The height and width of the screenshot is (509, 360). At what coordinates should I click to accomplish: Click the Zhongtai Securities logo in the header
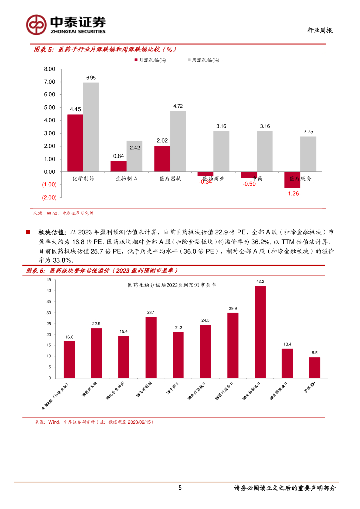[x=66, y=24]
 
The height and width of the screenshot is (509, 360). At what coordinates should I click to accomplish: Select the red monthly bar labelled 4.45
[x=75, y=143]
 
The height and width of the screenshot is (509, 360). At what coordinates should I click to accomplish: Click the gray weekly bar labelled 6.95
[x=91, y=127]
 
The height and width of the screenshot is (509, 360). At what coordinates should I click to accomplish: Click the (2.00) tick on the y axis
[x=49, y=198]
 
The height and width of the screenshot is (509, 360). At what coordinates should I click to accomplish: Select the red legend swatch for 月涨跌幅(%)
[x=135, y=60]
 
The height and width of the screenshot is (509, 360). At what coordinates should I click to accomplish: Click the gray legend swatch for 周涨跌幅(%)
[x=188, y=60]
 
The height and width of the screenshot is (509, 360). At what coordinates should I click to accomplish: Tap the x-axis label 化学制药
[x=83, y=178]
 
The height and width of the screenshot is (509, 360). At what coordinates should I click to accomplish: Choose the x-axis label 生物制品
[x=126, y=178]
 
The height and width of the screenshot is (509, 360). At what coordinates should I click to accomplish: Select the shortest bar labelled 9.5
[x=315, y=367]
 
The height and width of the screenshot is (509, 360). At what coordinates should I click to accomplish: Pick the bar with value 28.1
[x=151, y=347]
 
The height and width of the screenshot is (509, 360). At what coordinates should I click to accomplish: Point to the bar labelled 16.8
[x=69, y=359]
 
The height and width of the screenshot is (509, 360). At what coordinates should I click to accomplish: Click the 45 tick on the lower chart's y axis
[x=49, y=280]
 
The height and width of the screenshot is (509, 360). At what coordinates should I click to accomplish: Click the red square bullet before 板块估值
[x=28, y=231]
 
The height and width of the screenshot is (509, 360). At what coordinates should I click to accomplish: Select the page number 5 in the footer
[x=180, y=488]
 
